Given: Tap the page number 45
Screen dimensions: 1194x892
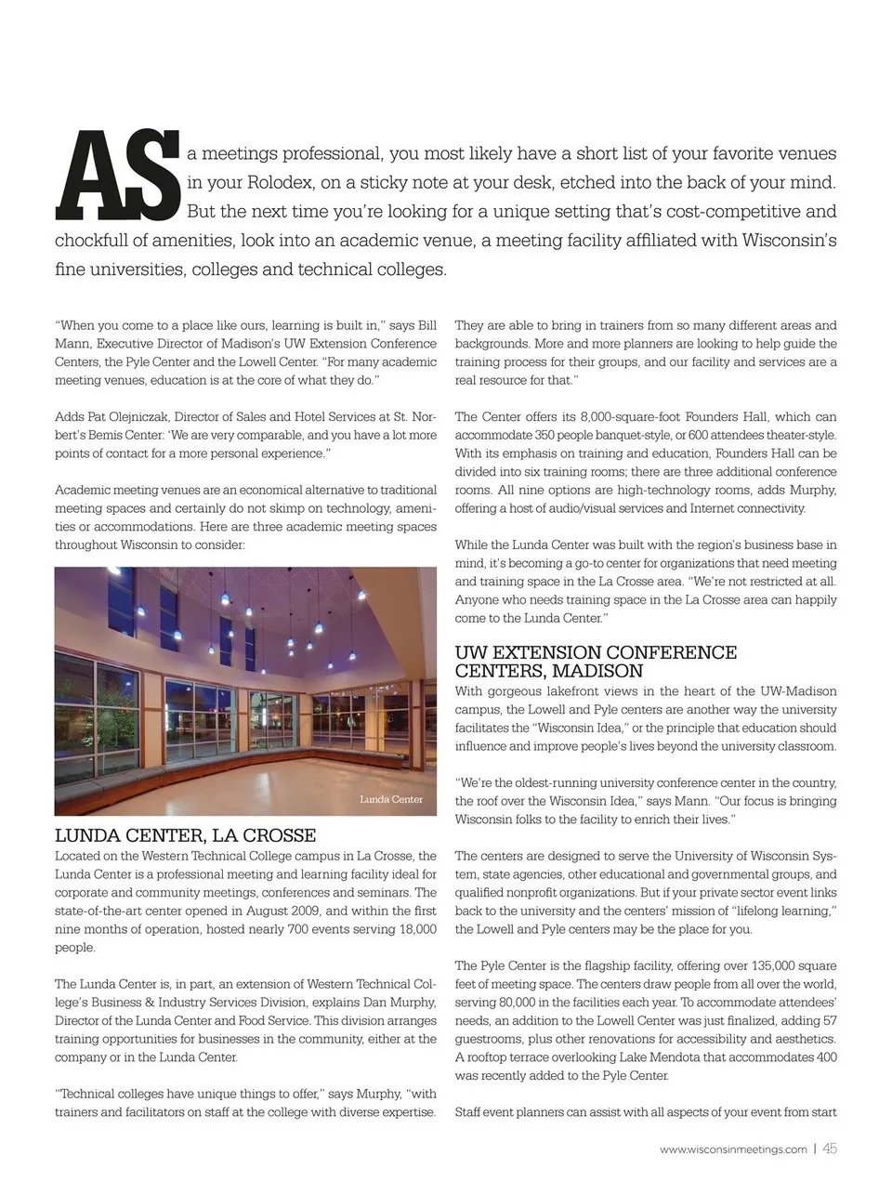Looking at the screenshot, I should (x=830, y=1148).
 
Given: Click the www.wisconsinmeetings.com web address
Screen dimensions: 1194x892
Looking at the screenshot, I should (x=733, y=1149).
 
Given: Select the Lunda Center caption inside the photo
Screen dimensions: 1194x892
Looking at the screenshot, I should (x=391, y=799).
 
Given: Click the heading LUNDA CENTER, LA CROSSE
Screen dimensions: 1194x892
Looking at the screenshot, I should (x=186, y=835).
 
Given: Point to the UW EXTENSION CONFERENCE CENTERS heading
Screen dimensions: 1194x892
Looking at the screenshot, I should (x=596, y=662).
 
